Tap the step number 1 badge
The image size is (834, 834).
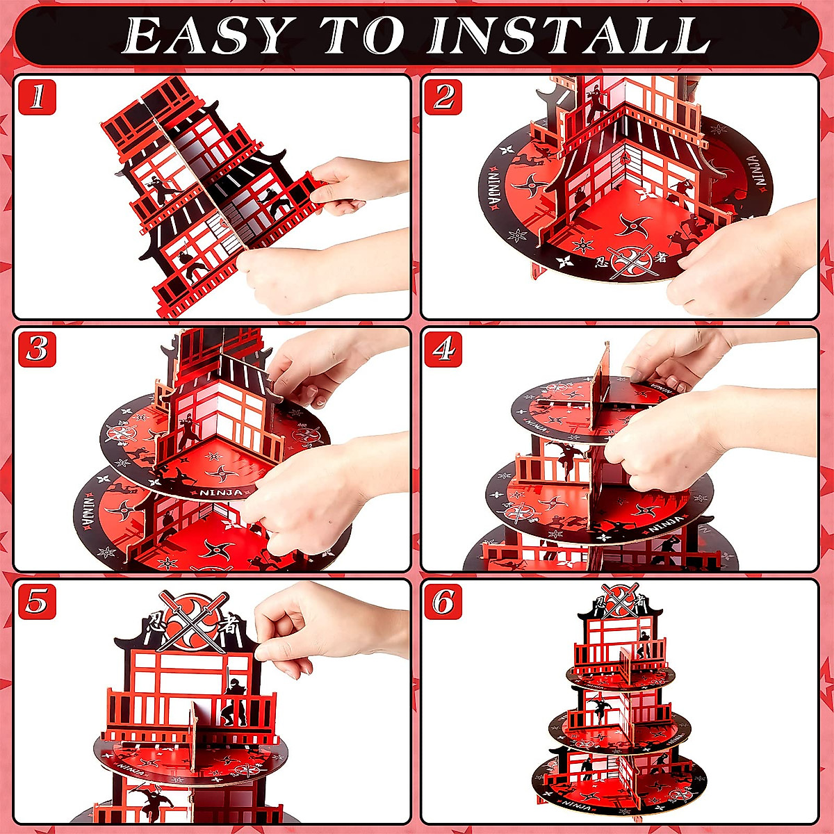37,97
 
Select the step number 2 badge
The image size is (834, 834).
443,97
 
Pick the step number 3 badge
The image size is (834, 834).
37,350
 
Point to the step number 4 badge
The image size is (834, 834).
443,350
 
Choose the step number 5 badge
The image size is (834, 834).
37,602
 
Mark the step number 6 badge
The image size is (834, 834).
443,602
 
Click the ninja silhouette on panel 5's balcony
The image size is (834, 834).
235,702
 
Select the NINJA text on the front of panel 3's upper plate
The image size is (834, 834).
221,493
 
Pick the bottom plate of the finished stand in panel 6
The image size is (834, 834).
612,785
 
